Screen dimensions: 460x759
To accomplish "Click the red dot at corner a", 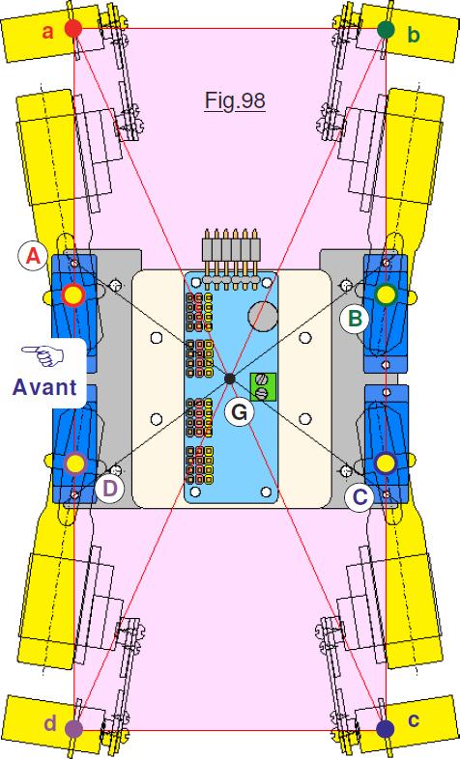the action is (x=73, y=29).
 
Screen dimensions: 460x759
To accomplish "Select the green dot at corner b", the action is (x=386, y=30).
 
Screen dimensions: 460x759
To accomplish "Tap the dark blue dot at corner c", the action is (x=385, y=727).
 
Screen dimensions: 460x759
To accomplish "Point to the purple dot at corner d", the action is (x=73, y=727).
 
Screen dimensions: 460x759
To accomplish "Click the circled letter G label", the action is (x=240, y=412).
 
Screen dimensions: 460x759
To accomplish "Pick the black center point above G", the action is (x=230, y=379).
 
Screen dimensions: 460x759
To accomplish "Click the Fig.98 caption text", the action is (x=235, y=100).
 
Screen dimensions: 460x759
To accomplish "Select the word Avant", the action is (x=44, y=387).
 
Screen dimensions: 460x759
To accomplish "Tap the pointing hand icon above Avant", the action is (x=43, y=355).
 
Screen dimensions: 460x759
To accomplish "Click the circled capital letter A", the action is (x=33, y=256).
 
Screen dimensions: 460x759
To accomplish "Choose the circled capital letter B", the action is (x=355, y=319).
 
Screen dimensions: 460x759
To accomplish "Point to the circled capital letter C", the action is (x=359, y=497).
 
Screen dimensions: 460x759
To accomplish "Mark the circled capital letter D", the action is (x=109, y=489).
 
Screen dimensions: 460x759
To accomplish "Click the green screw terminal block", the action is (x=263, y=387).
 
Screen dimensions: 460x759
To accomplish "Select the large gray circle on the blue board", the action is (x=263, y=317).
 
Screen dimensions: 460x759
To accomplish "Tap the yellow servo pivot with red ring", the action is (x=73, y=295).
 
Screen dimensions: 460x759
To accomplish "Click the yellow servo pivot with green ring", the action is (x=386, y=295).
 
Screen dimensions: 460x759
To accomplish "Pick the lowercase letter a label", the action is (x=47, y=32).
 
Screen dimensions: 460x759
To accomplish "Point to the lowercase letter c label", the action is (x=413, y=719).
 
